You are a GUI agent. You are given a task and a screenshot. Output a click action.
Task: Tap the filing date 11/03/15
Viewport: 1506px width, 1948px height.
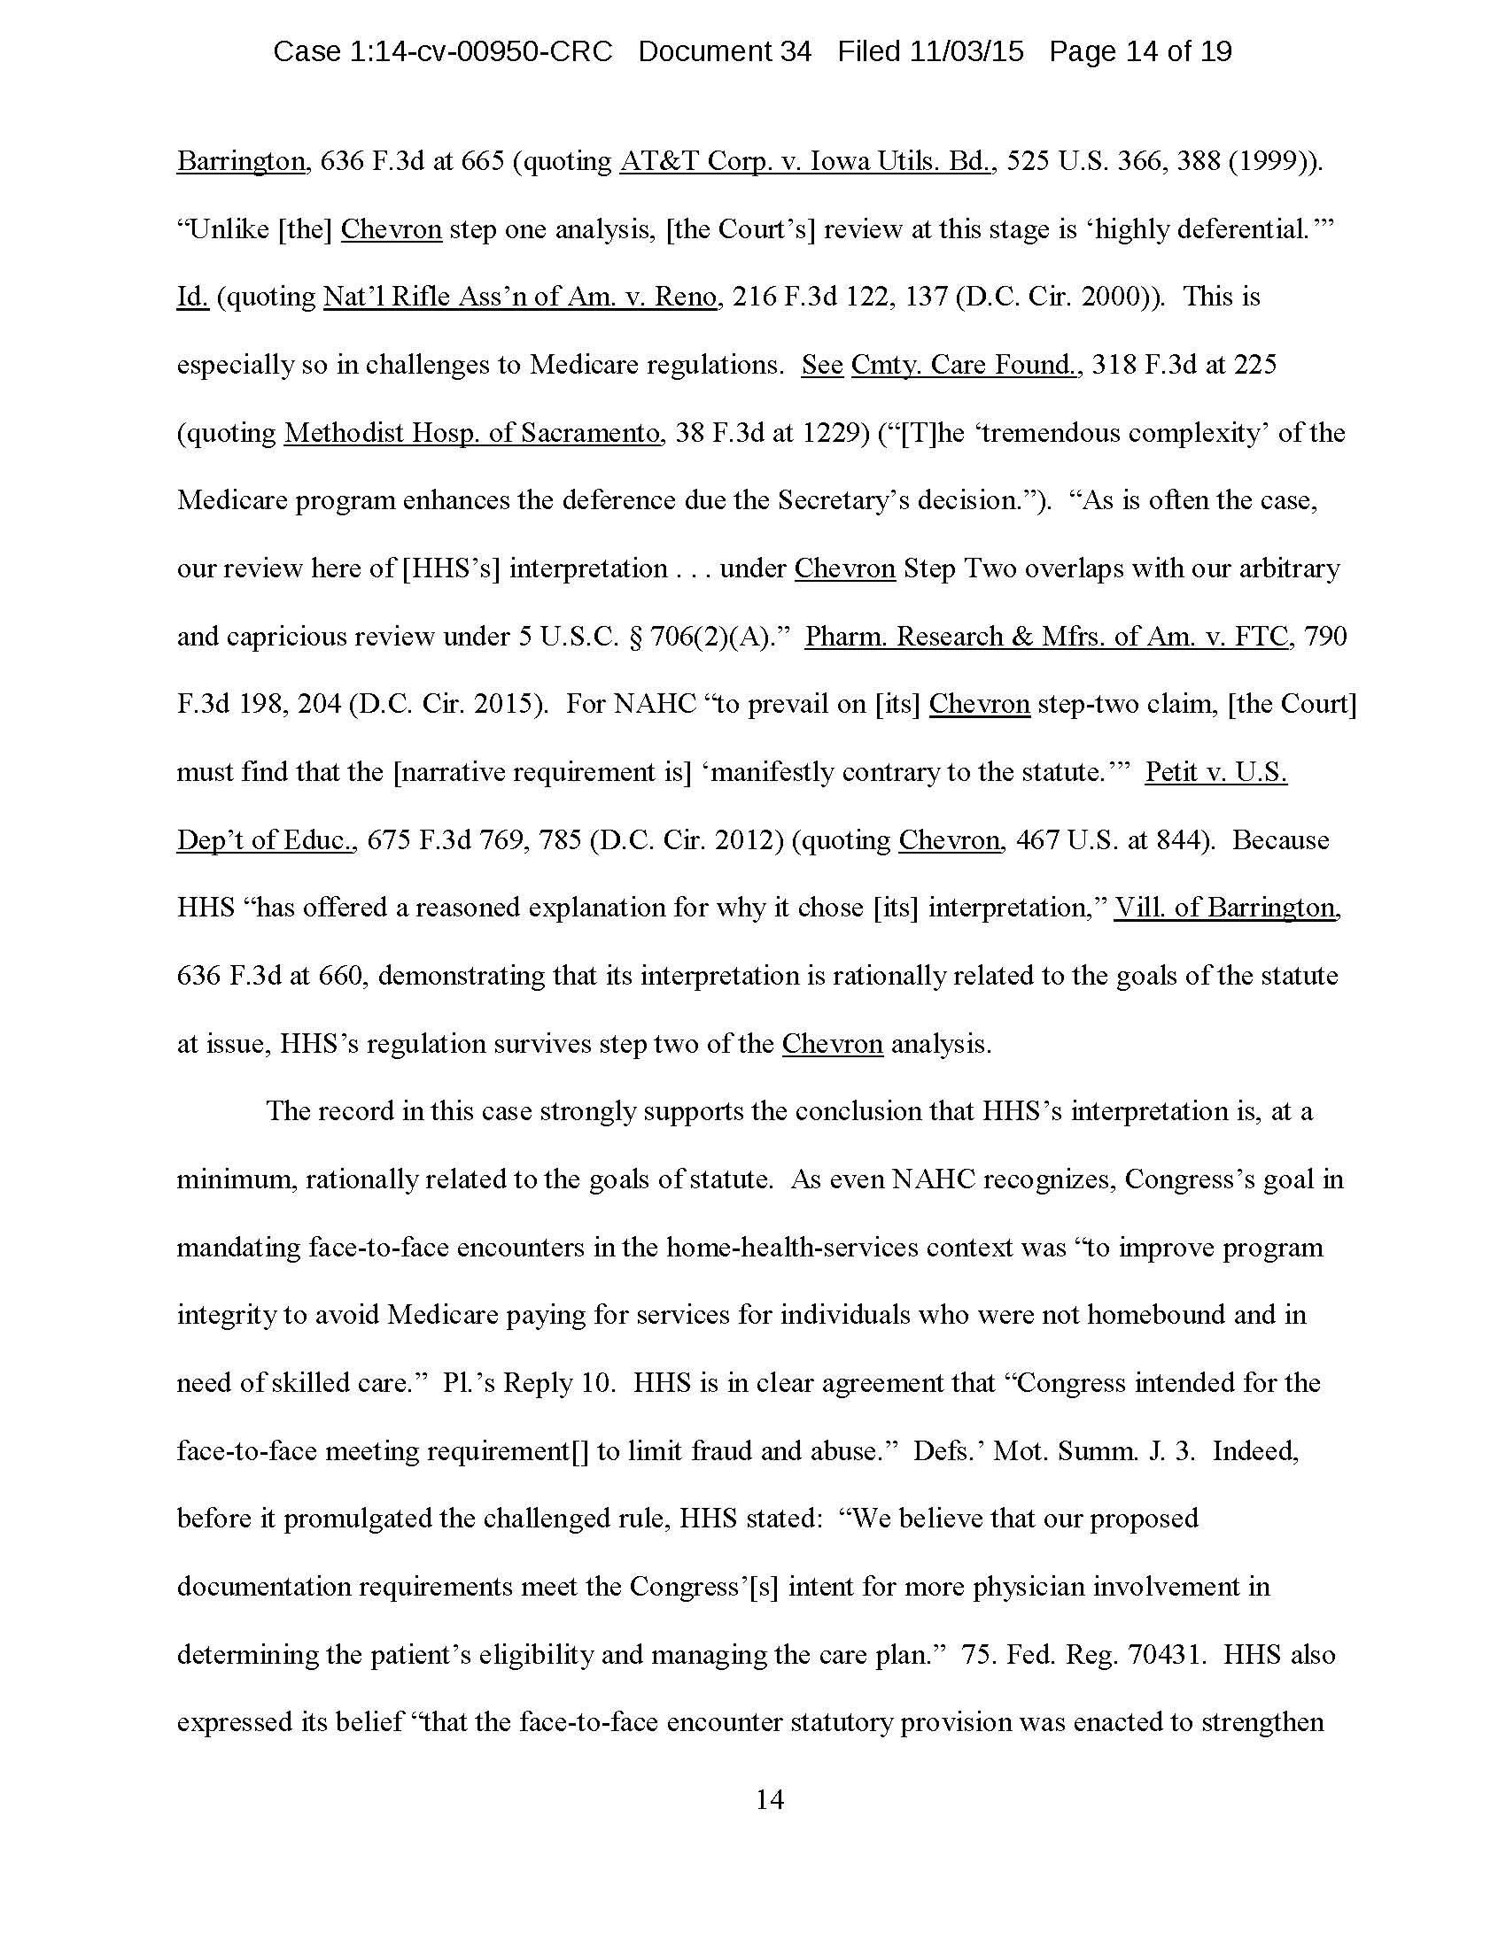[966, 51]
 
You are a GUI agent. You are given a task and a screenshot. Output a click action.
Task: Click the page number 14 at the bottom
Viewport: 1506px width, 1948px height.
[770, 1800]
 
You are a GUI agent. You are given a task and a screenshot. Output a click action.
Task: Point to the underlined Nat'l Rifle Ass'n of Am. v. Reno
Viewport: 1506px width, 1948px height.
[520, 297]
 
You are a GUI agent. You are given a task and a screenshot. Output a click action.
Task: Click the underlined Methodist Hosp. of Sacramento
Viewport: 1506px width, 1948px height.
[473, 434]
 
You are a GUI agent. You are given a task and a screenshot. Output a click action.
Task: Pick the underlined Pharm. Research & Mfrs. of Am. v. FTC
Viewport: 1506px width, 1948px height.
[1046, 637]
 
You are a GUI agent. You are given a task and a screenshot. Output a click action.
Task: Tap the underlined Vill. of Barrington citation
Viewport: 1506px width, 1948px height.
[1227, 908]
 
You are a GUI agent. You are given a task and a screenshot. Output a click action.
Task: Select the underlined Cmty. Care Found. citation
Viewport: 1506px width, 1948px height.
[965, 365]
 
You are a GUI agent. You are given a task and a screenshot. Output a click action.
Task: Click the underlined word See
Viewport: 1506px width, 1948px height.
[822, 365]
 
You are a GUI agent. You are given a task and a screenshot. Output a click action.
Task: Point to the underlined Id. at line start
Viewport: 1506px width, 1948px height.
[192, 297]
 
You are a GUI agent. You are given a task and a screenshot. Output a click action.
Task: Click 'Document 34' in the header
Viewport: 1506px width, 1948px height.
[725, 51]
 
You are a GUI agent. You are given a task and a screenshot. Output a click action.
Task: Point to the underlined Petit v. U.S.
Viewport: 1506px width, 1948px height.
[1216, 772]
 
